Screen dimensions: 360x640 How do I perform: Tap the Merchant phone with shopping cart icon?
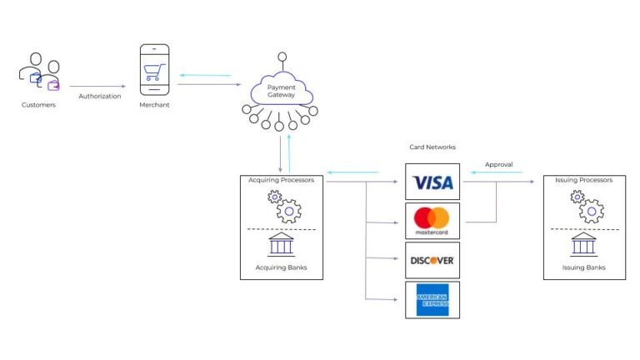click(x=153, y=69)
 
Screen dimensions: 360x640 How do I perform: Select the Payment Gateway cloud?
click(x=281, y=92)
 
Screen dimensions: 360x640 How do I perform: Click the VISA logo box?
click(x=432, y=182)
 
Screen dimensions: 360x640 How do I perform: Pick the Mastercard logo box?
click(x=432, y=221)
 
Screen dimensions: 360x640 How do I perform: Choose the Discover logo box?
click(x=432, y=260)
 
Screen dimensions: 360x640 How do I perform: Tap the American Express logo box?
click(x=432, y=300)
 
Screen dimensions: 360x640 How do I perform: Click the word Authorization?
click(x=99, y=96)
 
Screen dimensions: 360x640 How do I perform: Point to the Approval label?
click(x=498, y=164)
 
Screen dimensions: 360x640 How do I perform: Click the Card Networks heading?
click(x=432, y=147)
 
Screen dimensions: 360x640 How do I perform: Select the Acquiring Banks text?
click(x=281, y=267)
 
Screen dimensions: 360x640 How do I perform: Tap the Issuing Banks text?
click(x=584, y=267)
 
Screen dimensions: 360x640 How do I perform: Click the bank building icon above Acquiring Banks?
click(x=281, y=244)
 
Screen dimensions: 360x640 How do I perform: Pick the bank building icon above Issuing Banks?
click(x=583, y=244)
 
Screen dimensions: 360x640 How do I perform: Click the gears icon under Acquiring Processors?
click(x=282, y=206)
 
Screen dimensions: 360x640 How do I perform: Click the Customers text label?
click(x=39, y=106)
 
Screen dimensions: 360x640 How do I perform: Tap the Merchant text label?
click(x=154, y=105)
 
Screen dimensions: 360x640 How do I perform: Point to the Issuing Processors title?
click(x=583, y=180)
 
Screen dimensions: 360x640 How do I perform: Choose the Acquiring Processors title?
click(x=282, y=180)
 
